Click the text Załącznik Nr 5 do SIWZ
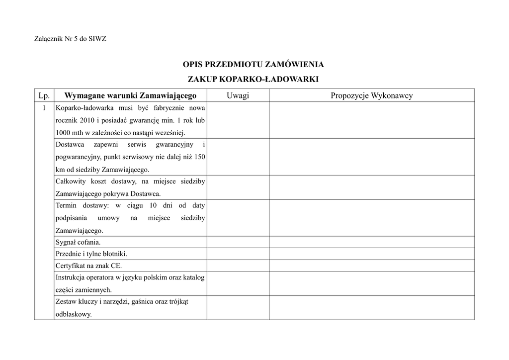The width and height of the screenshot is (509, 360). coord(70,39)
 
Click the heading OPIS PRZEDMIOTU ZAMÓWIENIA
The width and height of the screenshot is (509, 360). coord(254,65)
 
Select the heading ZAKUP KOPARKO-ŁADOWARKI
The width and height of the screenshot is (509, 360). coord(253,79)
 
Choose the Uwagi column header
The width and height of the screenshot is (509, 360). coord(238,95)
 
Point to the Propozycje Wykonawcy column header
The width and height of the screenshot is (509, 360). coord(372,95)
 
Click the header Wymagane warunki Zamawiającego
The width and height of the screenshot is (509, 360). coord(131,95)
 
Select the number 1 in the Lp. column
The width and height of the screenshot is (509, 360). coord(44,108)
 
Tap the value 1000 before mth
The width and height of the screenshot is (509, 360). coord(63,133)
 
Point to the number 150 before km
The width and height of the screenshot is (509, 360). coord(199,157)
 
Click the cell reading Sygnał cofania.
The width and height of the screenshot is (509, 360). coord(78,243)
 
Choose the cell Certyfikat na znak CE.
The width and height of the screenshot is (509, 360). coord(88,266)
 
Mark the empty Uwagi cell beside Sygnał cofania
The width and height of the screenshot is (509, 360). coord(238,243)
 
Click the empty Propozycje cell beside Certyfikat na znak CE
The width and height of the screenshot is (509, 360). coord(372,266)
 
